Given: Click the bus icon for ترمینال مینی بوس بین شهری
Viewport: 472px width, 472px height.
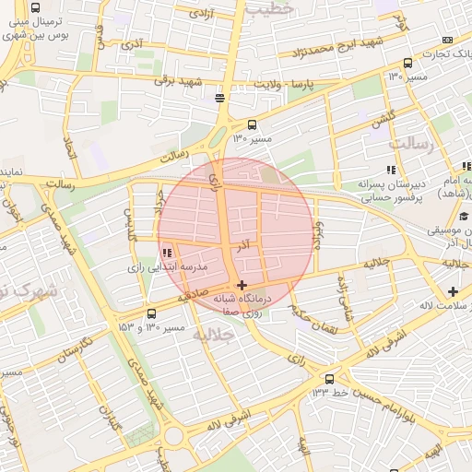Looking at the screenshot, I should [35, 6].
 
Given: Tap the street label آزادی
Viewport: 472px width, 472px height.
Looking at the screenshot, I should [198, 13].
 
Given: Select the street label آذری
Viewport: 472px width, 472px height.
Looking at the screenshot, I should [132, 44].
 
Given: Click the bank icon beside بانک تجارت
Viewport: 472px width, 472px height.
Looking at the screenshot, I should [448, 40].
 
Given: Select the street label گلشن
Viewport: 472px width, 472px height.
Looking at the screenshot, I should [383, 119].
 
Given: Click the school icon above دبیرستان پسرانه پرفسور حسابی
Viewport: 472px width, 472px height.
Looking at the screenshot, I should [391, 170].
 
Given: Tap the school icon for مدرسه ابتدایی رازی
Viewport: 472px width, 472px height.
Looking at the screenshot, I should [167, 253].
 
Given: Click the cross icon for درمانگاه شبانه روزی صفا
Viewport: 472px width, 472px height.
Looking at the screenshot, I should [242, 286].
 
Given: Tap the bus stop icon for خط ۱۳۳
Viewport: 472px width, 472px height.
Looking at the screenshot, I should [330, 378].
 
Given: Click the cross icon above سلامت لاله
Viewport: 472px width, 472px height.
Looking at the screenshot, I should [452, 291].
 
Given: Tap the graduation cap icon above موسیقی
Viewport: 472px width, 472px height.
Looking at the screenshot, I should [466, 215].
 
